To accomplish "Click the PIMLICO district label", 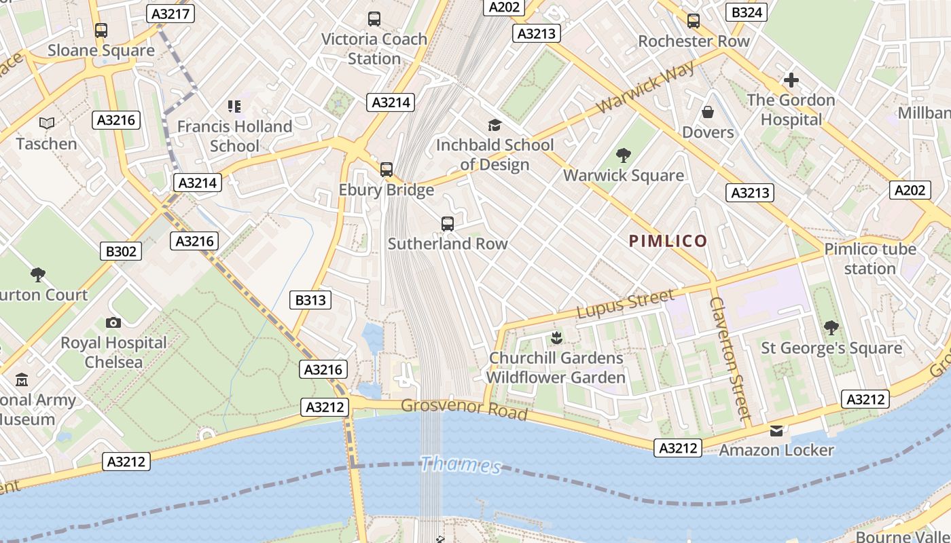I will pos(668,241).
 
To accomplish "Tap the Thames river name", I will pos(461,465).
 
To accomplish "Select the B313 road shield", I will pos(310,300).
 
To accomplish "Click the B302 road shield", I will pos(122,251).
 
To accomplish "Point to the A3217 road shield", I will pos(171,14).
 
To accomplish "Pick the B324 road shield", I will pos(747,12).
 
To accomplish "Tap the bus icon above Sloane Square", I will pos(101,31).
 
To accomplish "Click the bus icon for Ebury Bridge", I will pos(387,170).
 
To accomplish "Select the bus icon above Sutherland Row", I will pos(448,224).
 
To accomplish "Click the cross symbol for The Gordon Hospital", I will pos(791,81).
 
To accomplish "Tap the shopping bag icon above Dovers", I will pos(708,112).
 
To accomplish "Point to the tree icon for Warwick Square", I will pos(623,155).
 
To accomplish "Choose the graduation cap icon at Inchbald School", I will pos(495,125).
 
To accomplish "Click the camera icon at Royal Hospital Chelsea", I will pos(113,323).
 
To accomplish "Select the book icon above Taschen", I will pos(46,124).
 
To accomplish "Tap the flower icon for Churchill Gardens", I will pos(556,337).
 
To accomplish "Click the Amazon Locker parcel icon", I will pos(776,430).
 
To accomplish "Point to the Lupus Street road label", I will pos(626,303).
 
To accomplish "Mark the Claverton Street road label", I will pos(730,358).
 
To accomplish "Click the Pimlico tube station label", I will pos(870,259).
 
